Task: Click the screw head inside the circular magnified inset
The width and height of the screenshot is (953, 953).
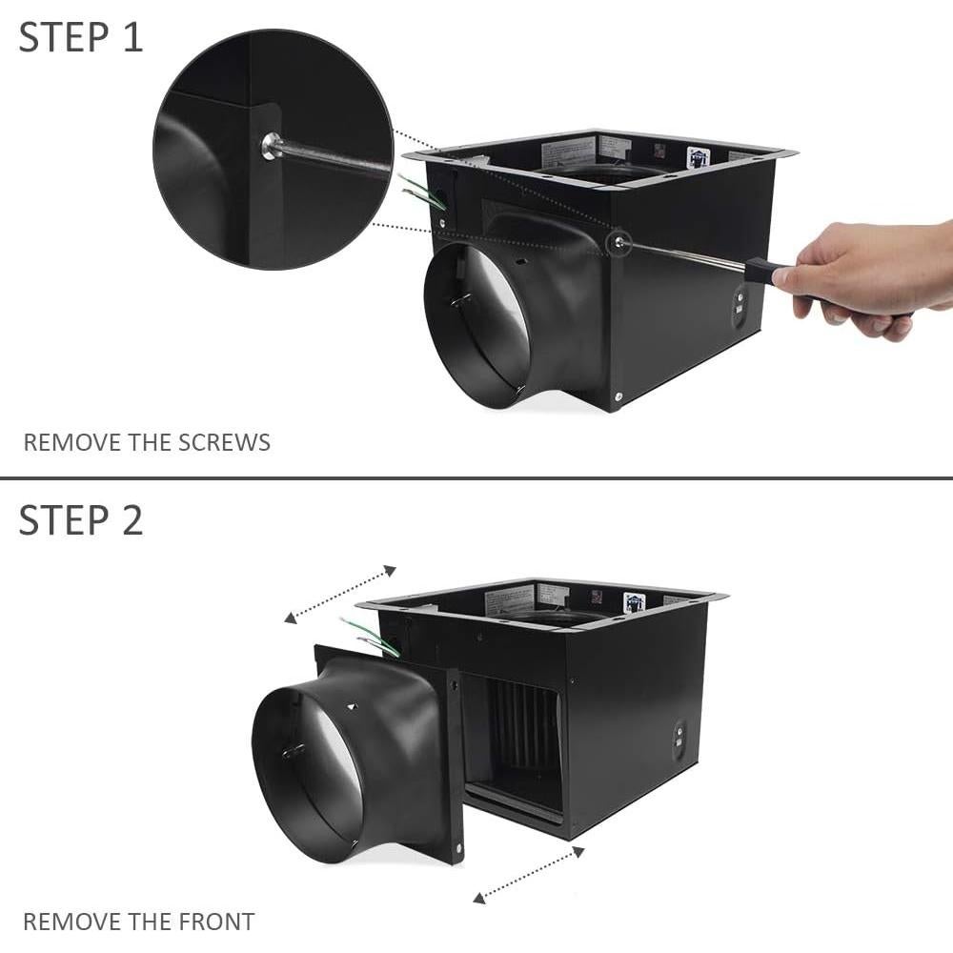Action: point(270,145)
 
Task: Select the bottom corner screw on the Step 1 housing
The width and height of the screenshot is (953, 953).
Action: point(619,396)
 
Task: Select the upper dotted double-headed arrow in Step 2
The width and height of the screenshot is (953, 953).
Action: point(340,594)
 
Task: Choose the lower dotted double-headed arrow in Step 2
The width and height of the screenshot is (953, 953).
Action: point(527,874)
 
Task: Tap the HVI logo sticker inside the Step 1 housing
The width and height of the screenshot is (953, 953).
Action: point(700,156)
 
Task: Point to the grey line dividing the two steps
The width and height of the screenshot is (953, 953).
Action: point(476,477)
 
